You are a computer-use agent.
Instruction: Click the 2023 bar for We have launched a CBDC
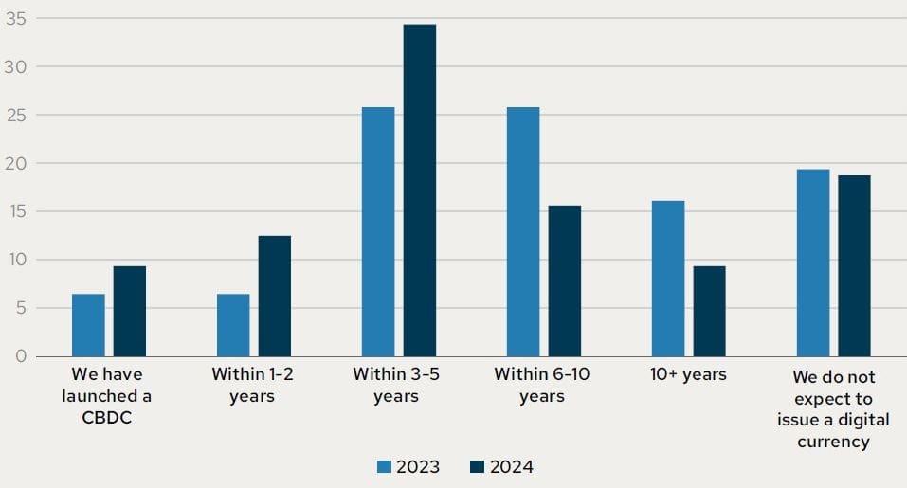(88, 325)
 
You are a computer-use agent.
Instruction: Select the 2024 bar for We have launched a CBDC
(130, 311)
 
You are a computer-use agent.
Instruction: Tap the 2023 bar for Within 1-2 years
(233, 325)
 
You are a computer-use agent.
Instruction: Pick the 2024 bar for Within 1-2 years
(275, 296)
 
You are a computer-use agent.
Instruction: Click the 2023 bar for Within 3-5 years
(378, 231)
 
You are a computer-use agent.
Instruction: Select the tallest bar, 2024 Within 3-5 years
(420, 190)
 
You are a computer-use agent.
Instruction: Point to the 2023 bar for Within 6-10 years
(523, 231)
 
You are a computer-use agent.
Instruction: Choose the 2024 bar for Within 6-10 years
(565, 280)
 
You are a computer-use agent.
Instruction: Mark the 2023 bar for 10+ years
(668, 279)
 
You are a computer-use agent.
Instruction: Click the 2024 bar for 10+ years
(709, 311)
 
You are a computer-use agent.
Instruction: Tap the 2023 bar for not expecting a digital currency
(813, 262)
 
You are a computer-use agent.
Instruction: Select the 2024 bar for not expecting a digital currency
(854, 265)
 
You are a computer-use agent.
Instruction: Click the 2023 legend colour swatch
(385, 466)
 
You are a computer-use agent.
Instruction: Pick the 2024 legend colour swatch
(477, 466)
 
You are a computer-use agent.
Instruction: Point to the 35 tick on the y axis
(15, 18)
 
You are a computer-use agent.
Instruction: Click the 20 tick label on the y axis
(15, 163)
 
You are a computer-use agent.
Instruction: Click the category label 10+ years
(689, 374)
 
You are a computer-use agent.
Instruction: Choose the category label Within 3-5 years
(396, 385)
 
